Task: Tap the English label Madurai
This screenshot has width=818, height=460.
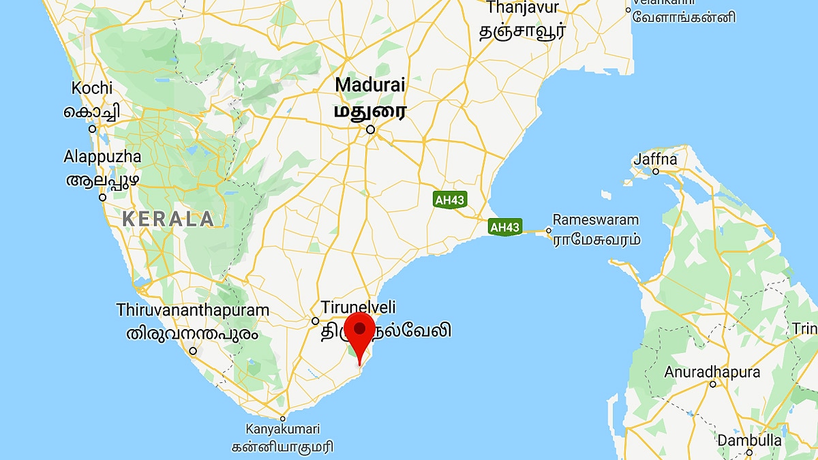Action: point(370,85)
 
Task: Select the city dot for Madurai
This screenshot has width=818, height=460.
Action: point(370,129)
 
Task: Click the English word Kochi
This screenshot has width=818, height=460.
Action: point(92,89)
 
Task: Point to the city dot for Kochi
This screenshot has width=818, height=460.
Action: point(92,128)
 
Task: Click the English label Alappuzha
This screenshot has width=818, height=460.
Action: point(102,157)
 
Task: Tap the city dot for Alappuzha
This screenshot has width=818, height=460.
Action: point(102,197)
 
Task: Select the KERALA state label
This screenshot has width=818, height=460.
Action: point(168,219)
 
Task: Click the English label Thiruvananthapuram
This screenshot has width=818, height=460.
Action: point(193,310)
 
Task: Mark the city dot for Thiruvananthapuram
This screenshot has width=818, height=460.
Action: point(194,351)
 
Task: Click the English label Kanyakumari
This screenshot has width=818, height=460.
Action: point(283,429)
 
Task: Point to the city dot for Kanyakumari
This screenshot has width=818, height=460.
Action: point(282,418)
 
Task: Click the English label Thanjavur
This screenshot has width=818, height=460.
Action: point(523,8)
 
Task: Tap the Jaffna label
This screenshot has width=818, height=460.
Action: point(656,159)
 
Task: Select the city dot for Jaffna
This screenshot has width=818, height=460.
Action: point(656,171)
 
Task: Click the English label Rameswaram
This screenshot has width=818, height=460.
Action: point(596,220)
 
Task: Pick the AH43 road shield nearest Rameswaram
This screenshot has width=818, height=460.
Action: point(505,228)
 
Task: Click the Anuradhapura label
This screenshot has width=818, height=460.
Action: point(712,373)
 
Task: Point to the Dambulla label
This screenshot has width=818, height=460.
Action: point(749,440)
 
